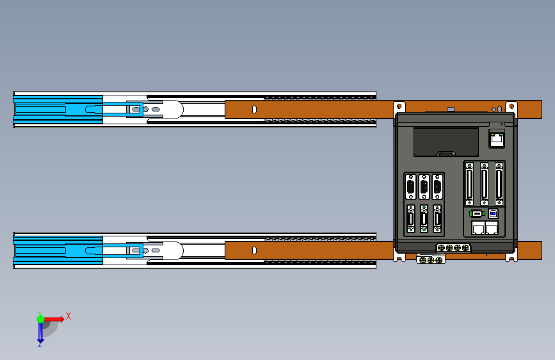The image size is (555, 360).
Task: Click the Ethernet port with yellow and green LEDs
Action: click(497, 139)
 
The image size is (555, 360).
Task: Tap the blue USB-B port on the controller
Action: click(493, 214)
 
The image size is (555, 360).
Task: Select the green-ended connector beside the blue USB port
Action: click(477, 214)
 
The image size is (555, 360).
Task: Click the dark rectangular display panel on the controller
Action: click(446, 142)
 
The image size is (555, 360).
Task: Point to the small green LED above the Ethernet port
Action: click(502, 125)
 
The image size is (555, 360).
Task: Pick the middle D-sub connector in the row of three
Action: click(424, 187)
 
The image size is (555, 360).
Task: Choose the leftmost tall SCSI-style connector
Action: click(469, 184)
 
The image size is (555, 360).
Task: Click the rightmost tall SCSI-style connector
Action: click(499, 184)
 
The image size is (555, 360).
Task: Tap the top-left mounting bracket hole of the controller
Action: click(399, 106)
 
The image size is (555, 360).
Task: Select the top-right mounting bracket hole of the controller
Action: click(511, 106)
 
